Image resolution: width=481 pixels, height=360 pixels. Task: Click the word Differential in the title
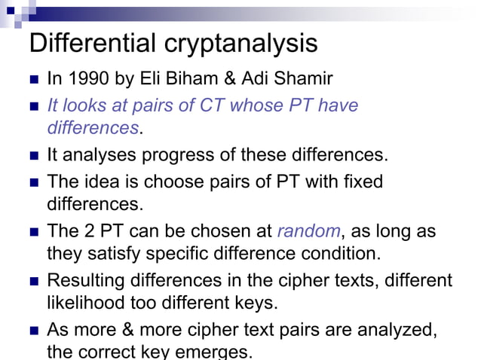click(x=90, y=44)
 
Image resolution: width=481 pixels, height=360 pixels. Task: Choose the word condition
click(x=329, y=254)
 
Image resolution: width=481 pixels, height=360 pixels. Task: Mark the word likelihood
click(x=87, y=304)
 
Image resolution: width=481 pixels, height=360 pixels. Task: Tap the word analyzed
click(x=392, y=329)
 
